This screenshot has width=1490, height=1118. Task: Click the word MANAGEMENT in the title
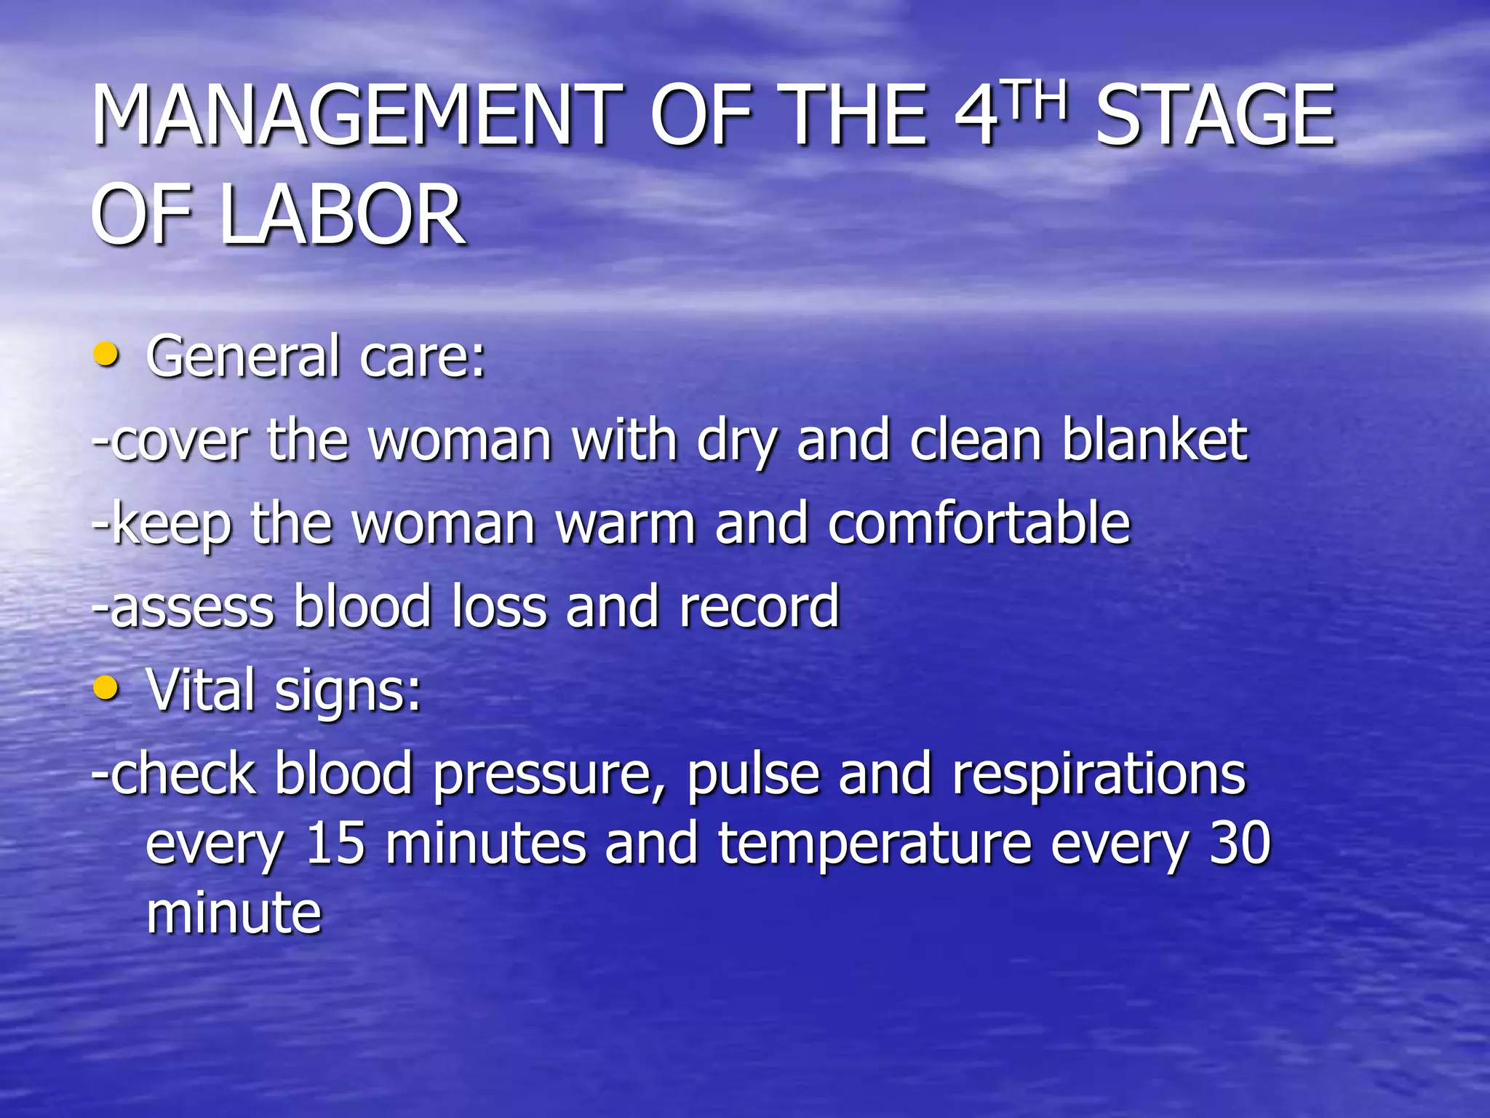[357, 115]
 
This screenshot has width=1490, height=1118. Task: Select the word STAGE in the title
[1216, 115]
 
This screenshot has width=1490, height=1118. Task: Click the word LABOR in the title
[342, 215]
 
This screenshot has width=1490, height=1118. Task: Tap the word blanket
[1155, 440]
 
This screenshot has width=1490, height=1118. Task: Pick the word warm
[626, 523]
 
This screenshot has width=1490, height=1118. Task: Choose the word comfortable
[979, 523]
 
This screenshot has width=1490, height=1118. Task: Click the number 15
[335, 844]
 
